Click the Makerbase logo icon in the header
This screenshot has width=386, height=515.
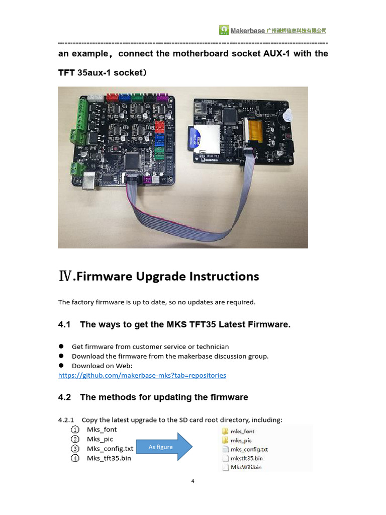224,30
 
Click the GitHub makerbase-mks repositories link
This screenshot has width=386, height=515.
142,375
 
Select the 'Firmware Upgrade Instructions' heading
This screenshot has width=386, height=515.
166,276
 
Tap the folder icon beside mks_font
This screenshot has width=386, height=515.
225,431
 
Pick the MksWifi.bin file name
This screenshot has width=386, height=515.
246,467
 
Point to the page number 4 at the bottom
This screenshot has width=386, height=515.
192,481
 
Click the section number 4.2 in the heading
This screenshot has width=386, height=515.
65,397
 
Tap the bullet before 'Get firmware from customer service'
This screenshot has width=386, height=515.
61,347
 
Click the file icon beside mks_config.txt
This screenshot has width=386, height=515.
225,449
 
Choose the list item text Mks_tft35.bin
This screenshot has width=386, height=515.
109,458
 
